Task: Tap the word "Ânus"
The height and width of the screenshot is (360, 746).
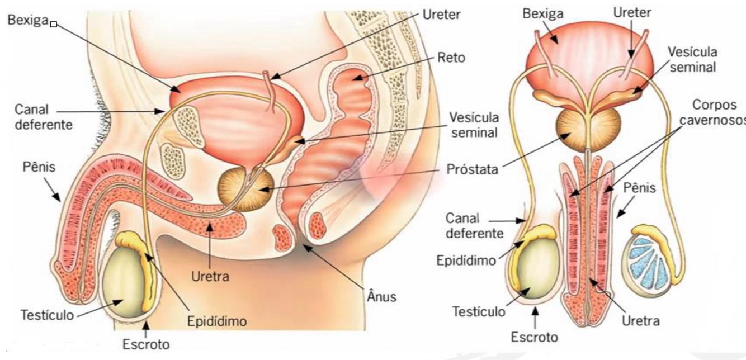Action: pyautogui.click(x=381, y=296)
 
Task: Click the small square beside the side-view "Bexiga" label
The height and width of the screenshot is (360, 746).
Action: pyautogui.click(x=54, y=24)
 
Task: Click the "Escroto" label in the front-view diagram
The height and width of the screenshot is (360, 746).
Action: pyautogui.click(x=535, y=337)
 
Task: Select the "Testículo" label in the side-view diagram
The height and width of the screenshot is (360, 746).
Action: pyautogui.click(x=47, y=314)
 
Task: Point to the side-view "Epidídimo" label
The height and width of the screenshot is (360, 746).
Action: pyautogui.click(x=217, y=321)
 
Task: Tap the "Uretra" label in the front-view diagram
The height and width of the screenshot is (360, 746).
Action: pyautogui.click(x=640, y=321)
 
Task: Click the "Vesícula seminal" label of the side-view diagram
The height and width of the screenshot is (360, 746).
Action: pyautogui.click(x=474, y=126)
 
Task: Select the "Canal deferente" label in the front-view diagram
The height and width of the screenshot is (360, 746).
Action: pyautogui.click(x=474, y=225)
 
